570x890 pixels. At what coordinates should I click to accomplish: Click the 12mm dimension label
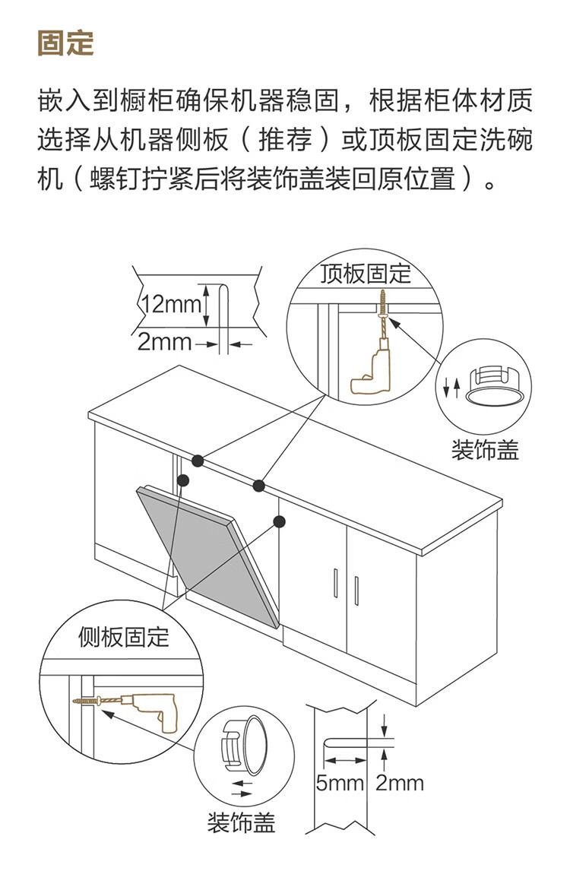coord(169,306)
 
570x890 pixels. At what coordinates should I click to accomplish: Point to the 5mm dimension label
coord(340,783)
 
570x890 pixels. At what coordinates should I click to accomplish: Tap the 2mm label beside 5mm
coord(401,783)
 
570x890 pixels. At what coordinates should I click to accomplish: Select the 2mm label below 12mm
coord(164,341)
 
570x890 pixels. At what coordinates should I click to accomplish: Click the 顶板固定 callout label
coord(366,274)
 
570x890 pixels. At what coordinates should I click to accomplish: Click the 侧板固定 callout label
coord(124,637)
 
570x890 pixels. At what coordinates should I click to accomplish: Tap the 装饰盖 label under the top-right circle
coord(485,451)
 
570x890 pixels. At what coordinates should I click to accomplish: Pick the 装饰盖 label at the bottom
coord(241,822)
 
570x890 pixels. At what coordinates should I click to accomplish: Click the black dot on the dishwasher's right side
coord(279,521)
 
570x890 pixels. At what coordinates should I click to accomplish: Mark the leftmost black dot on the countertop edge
coord(198,461)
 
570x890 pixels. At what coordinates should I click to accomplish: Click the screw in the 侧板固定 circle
coord(87,701)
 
